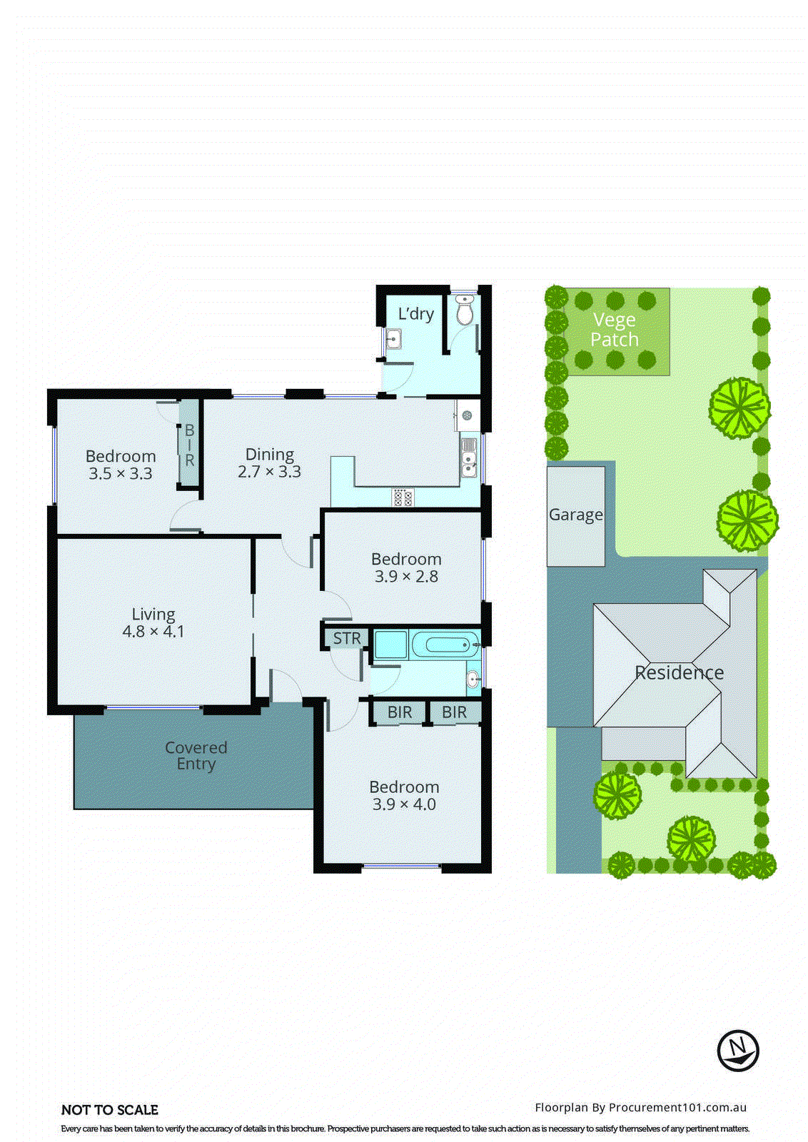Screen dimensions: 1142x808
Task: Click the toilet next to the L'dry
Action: [465, 312]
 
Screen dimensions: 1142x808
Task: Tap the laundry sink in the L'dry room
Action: [392, 339]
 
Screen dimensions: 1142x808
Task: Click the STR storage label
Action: [347, 638]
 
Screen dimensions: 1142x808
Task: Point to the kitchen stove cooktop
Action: [402, 497]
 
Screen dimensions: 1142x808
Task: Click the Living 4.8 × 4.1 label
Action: [153, 622]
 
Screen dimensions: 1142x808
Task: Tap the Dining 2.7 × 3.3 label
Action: [269, 463]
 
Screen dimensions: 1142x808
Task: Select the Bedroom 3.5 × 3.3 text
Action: [121, 465]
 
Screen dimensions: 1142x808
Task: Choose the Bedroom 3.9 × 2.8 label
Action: [406, 567]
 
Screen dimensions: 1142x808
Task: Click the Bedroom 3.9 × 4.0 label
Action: [404, 795]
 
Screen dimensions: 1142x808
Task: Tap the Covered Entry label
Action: [196, 755]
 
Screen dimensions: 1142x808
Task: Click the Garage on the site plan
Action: [575, 515]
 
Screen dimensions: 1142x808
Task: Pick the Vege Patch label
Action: [614, 330]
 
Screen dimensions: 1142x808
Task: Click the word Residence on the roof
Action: [679, 672]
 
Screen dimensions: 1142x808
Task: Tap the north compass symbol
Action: [738, 1051]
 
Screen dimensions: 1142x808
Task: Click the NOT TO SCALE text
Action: [110, 1110]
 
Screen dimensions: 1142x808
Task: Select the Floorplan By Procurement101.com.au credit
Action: [640, 1107]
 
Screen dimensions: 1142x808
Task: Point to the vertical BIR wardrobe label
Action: [189, 445]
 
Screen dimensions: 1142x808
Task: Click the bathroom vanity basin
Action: [473, 678]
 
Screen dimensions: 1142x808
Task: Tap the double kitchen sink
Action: [468, 457]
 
